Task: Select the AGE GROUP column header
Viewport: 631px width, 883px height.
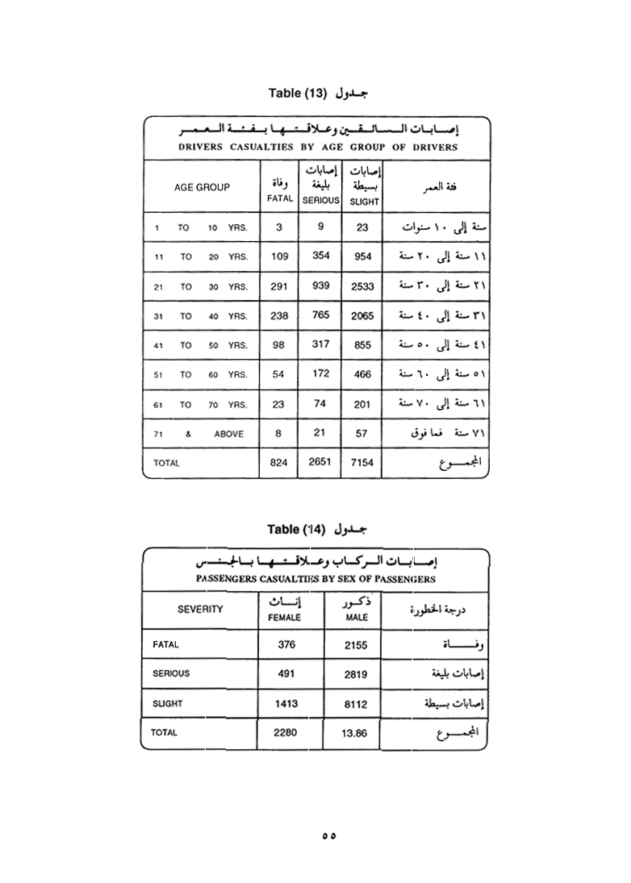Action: pos(202,187)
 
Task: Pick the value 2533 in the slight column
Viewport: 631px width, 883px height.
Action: pos(362,286)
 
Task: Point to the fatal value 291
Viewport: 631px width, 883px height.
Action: pos(279,286)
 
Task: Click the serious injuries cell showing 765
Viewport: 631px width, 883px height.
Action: pos(320,315)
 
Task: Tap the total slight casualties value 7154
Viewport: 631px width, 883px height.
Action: pos(362,463)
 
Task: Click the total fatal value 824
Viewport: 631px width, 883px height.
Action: pos(279,463)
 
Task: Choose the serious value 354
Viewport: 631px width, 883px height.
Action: pos(320,256)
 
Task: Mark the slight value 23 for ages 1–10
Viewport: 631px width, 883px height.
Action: pos(362,227)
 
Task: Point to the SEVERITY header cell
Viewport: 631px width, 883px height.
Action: pos(200,610)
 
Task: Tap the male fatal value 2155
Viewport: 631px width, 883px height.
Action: pos(356,645)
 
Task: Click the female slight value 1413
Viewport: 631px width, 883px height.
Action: pos(286,703)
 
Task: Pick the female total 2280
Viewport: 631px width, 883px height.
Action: pos(286,732)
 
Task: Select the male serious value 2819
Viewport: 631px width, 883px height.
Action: pos(356,674)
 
